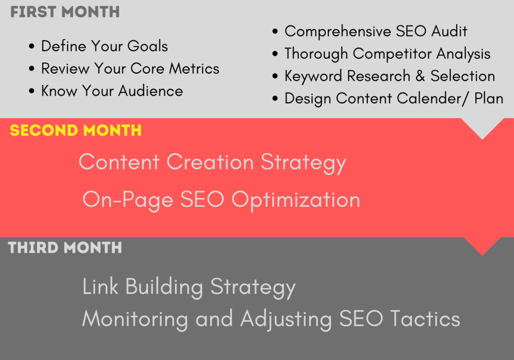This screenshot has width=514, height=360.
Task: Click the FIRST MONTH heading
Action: (65, 12)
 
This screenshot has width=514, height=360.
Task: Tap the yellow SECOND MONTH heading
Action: (76, 130)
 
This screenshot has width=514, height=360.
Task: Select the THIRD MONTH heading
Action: (65, 248)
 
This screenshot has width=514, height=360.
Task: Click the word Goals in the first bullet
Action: (148, 46)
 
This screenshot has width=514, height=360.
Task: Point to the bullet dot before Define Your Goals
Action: (32, 46)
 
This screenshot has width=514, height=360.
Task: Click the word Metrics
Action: (194, 68)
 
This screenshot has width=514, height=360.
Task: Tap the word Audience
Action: (151, 91)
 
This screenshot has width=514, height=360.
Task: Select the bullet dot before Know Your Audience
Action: (32, 91)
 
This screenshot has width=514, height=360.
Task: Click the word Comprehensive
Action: (338, 32)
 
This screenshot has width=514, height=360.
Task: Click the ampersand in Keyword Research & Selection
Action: (420, 76)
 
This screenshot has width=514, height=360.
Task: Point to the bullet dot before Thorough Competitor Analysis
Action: (275, 54)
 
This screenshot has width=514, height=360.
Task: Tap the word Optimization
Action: (296, 200)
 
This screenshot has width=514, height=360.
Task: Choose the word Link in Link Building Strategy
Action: (100, 286)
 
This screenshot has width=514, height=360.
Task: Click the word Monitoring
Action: (135, 319)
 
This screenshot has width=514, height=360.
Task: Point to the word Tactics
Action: (425, 318)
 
